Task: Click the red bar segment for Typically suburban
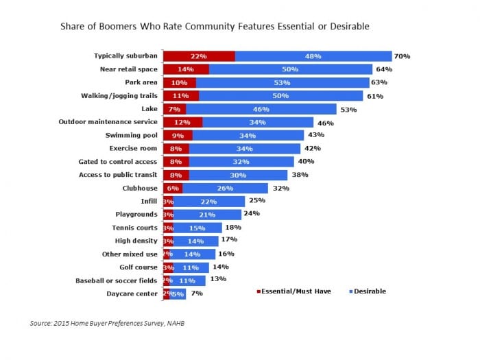click(x=199, y=56)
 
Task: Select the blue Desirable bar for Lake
click(x=261, y=109)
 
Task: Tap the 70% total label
click(x=402, y=56)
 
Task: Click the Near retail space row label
click(x=128, y=69)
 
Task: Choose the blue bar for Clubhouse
click(x=225, y=188)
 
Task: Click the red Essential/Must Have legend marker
click(x=259, y=291)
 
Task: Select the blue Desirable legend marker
click(x=351, y=291)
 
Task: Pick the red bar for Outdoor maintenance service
click(x=182, y=122)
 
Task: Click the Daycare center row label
click(x=132, y=293)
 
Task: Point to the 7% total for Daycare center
click(x=196, y=293)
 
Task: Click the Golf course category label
click(x=136, y=267)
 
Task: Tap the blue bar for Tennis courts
click(x=197, y=228)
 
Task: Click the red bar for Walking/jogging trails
click(x=180, y=96)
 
